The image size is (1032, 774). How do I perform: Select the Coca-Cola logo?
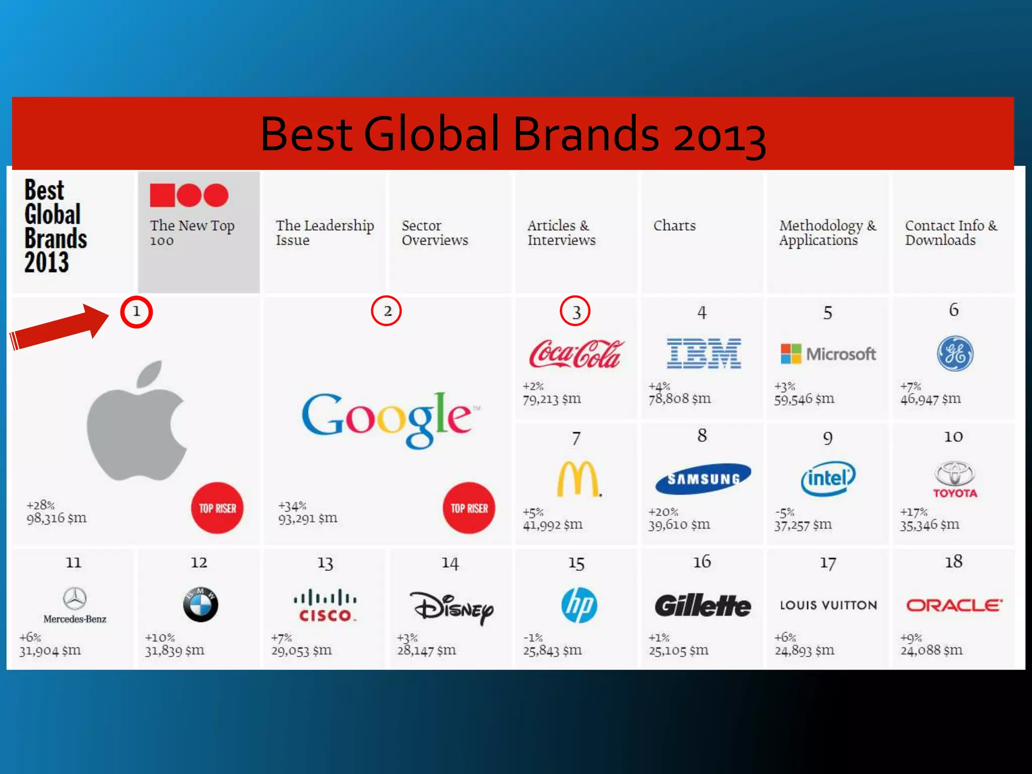tap(575, 354)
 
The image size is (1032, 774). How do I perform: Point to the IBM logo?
tap(703, 353)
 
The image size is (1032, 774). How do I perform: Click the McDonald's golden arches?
tap(578, 479)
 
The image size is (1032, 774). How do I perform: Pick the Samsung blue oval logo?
tap(703, 478)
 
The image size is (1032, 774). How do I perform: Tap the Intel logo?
tap(828, 478)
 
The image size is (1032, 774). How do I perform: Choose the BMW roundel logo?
tap(200, 604)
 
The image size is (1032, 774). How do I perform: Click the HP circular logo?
tap(579, 605)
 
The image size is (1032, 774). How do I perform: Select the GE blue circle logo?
tap(955, 353)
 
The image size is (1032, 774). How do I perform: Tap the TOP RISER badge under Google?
tap(469, 508)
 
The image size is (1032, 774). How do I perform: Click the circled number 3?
tap(575, 311)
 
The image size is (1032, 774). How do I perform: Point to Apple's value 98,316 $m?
tap(56, 518)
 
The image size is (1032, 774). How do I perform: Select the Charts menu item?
tap(674, 226)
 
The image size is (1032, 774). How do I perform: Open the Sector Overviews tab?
tap(434, 233)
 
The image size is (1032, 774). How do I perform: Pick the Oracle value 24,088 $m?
tap(931, 650)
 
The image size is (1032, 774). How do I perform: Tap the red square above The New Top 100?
tap(162, 195)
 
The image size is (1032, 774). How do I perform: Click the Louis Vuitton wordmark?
tap(828, 605)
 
